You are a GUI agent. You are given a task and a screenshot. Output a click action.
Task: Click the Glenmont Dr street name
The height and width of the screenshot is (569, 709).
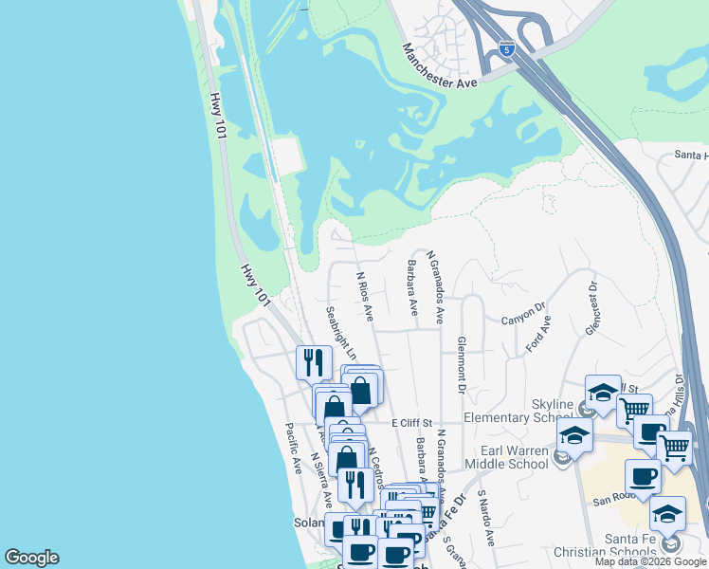(x=462, y=364)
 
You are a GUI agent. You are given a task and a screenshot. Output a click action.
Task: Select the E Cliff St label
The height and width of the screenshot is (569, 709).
(x=410, y=422)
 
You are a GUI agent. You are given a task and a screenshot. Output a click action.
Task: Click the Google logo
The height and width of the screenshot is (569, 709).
(x=31, y=558)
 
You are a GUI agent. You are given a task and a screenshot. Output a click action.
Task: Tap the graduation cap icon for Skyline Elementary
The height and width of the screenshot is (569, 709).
(x=603, y=394)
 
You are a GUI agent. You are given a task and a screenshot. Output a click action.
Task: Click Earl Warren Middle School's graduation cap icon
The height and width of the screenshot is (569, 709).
(x=574, y=436)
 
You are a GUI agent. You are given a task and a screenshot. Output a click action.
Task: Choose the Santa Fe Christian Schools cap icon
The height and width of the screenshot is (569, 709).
(x=667, y=514)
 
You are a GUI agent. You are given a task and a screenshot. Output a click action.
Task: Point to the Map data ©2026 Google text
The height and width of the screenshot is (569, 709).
(x=649, y=561)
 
